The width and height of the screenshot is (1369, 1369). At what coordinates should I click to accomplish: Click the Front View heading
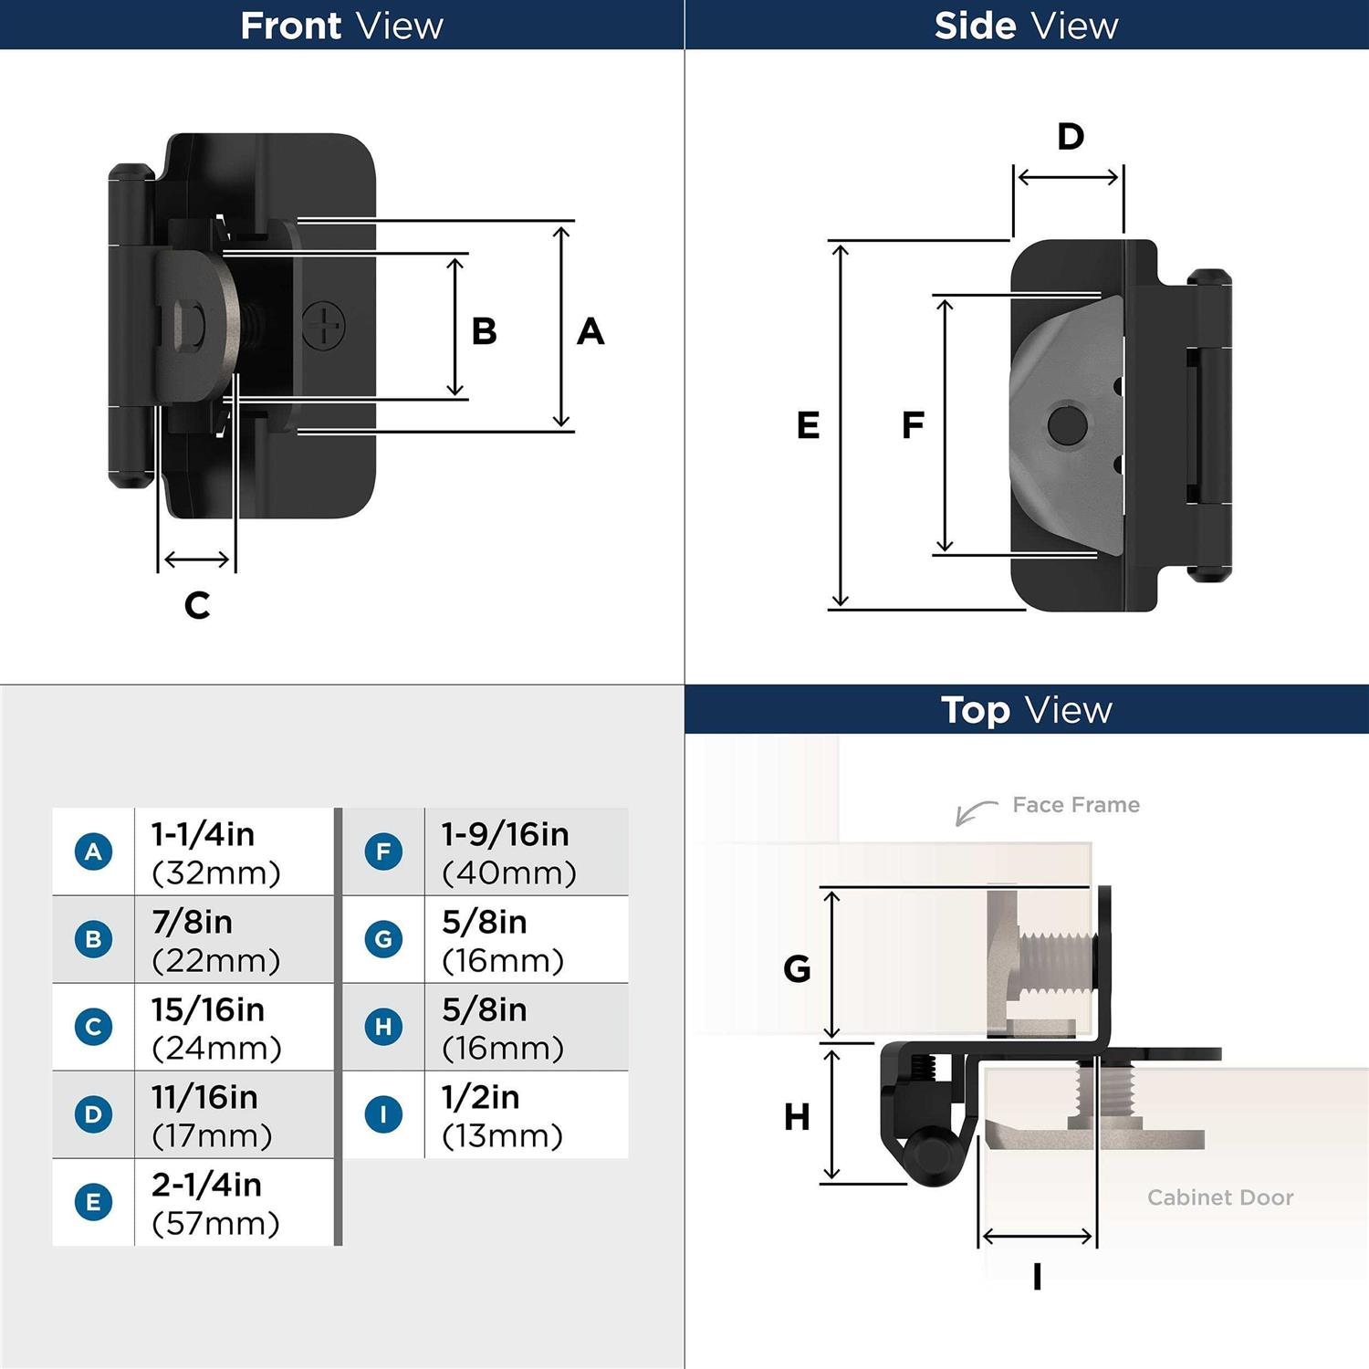coord(341,26)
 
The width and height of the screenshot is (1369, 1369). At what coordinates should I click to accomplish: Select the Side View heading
coord(1026,26)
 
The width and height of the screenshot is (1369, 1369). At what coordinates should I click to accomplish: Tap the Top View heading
coord(1026,710)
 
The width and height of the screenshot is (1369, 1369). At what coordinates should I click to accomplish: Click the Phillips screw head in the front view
coord(324,325)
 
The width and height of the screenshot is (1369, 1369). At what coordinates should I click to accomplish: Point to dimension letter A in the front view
coord(590,331)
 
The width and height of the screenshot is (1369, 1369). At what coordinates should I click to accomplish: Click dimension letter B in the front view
coord(484,331)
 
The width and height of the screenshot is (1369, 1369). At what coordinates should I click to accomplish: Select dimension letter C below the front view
coord(197,605)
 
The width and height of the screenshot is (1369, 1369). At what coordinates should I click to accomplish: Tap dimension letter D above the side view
coord(1071,137)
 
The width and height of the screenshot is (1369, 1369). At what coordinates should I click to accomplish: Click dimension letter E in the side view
coord(808,425)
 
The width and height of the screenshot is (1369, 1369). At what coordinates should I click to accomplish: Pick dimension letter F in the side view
coord(913,425)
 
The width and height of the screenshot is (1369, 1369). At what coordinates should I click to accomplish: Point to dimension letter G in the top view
coord(797,968)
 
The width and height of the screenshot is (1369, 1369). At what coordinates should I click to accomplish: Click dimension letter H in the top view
coord(797,1117)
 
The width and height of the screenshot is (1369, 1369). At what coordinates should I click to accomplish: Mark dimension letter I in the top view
coord(1037,1277)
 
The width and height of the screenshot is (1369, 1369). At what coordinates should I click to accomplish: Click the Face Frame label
coord(1076,805)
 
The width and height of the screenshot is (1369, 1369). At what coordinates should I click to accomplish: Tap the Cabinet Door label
coord(1220,1197)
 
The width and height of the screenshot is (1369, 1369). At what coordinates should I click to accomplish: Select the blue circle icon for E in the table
coord(93,1202)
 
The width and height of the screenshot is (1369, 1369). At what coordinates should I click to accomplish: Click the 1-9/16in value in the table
coord(505,834)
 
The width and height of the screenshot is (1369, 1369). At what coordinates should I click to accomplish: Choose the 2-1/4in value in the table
coord(206,1185)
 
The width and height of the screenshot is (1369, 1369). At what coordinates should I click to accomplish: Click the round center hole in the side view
coord(1067,424)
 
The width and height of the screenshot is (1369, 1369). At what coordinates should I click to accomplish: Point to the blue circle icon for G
coord(383,939)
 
